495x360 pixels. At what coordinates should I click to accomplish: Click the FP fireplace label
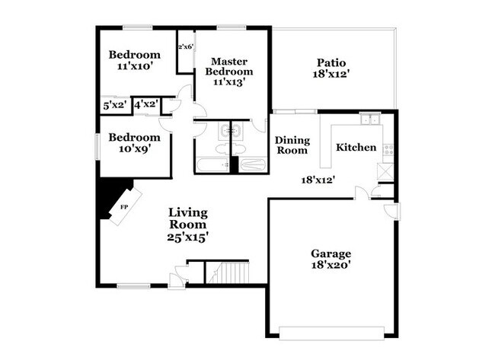point(124,207)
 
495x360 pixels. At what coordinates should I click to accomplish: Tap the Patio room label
point(331,62)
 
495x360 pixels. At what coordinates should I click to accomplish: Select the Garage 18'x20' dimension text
point(331,265)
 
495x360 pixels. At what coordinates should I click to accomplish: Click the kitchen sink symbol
point(370,119)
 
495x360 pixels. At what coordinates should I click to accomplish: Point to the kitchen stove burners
point(388,149)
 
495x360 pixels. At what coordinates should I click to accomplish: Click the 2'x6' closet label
point(186,47)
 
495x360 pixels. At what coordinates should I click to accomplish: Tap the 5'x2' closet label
point(115,105)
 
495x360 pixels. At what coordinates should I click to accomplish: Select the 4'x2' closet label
point(146,104)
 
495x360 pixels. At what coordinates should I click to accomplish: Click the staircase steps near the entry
point(229,272)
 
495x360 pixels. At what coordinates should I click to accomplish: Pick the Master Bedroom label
point(229,66)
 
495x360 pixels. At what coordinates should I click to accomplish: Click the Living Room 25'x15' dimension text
point(187,237)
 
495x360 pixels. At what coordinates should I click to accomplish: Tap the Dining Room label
point(292,145)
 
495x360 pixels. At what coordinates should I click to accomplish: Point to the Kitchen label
point(356,148)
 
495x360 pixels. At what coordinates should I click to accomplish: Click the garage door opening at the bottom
point(331,333)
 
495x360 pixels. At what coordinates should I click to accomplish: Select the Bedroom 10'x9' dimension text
point(134,148)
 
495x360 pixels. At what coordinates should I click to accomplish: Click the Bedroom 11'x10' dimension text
point(135,66)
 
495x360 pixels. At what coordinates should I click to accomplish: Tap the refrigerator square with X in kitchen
point(386,171)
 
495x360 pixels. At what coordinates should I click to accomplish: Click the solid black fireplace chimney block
point(110,196)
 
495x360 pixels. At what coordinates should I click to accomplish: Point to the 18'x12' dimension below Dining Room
point(318,180)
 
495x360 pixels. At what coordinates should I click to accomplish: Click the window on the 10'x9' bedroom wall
point(98,147)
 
